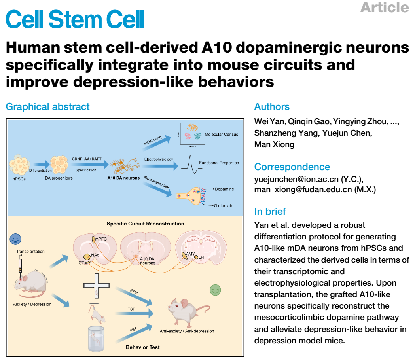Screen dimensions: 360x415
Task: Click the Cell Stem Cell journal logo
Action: (75, 18)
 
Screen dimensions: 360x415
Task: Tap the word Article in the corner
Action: (384, 7)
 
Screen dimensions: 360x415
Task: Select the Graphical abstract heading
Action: (47, 107)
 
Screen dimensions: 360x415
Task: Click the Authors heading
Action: (272, 107)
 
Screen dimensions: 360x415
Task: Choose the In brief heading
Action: (270, 212)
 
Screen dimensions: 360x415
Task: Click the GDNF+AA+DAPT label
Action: (87, 159)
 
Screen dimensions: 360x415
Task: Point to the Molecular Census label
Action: (221, 135)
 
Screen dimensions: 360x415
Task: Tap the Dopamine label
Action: (224, 189)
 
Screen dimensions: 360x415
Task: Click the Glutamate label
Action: (224, 206)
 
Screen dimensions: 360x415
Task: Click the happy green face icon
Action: (215, 290)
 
